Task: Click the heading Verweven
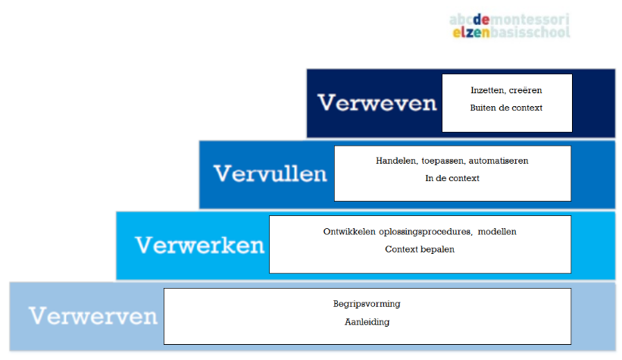377,103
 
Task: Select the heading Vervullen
270,174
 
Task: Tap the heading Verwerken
200,246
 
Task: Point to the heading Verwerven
93,315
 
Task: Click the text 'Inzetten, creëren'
506,90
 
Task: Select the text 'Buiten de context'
506,108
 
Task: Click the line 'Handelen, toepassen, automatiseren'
452,161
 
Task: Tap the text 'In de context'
452,178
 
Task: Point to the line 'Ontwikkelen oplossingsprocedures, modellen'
420,231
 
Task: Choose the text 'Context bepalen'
420,249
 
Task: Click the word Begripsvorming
367,304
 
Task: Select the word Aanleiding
367,321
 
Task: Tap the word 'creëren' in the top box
527,90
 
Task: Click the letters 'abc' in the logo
460,19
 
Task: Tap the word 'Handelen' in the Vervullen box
394,161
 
